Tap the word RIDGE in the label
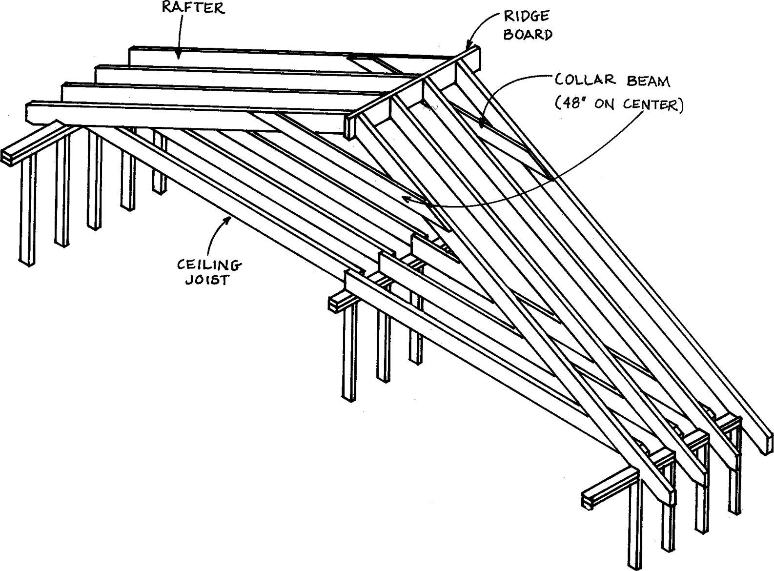coord(526,17)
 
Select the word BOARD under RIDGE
coord(528,35)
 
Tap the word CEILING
coord(208,265)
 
